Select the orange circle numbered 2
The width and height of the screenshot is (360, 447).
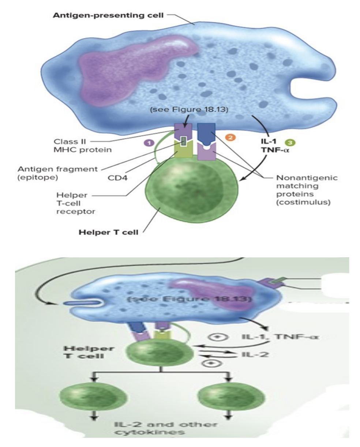[x=230, y=138]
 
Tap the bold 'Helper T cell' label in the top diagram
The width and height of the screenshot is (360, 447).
[x=109, y=233]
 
